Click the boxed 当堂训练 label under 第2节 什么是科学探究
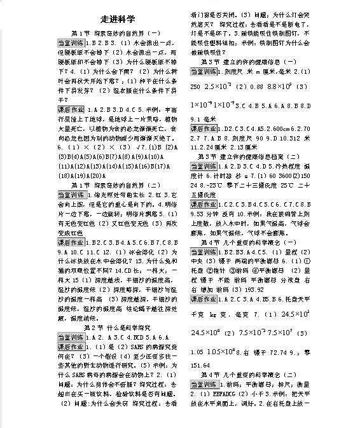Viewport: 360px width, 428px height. (71, 337)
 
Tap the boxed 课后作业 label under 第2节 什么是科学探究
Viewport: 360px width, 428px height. (71, 347)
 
